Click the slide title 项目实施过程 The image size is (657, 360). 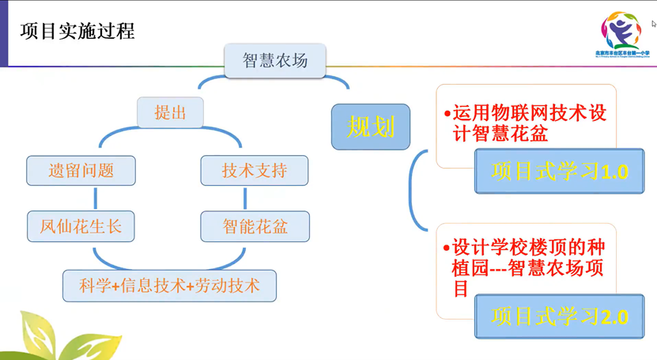pos(77,31)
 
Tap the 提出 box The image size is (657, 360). pos(170,113)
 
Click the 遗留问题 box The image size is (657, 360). pos(81,170)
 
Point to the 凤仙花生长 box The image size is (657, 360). pos(81,227)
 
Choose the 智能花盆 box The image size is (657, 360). pos(255,227)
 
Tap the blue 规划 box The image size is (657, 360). pos(371,127)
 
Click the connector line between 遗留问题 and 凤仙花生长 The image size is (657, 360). pos(96,199)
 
